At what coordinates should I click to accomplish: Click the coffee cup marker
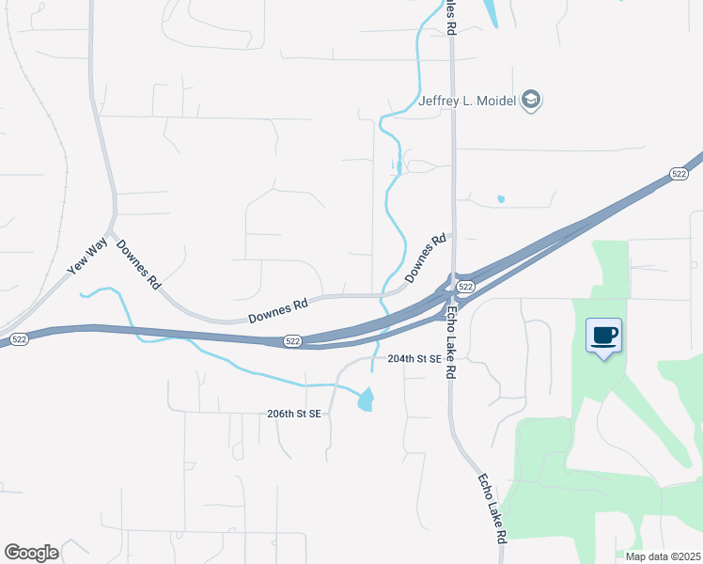[603, 336]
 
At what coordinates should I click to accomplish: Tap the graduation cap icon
[532, 100]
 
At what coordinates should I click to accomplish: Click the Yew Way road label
[87, 257]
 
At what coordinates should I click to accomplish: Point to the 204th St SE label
[414, 359]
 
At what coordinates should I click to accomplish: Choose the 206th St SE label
[294, 414]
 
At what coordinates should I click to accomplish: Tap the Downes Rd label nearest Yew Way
[138, 263]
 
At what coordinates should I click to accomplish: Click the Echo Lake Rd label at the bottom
[492, 509]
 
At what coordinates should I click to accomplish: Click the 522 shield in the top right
[679, 174]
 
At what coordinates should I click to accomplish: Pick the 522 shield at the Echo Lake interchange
[464, 285]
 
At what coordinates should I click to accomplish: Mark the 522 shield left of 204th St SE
[293, 341]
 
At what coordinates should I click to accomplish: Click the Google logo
[31, 553]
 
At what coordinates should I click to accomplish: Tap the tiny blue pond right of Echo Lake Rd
[500, 199]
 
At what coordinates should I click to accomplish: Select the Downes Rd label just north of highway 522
[278, 311]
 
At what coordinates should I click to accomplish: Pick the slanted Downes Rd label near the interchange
[424, 258]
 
